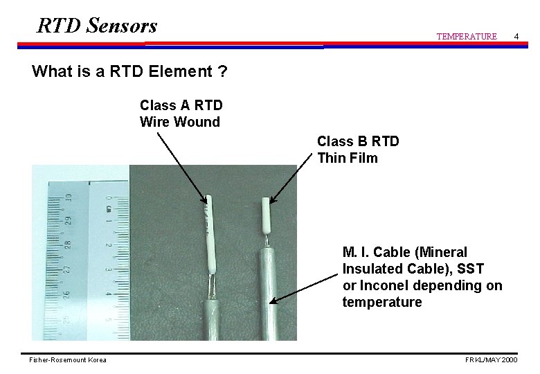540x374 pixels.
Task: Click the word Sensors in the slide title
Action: [x=123, y=26]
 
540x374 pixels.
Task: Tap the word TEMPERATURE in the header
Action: [x=466, y=36]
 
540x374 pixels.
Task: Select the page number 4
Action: [x=515, y=35]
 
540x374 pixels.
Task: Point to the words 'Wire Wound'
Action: [x=179, y=122]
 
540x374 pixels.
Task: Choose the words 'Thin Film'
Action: [x=348, y=158]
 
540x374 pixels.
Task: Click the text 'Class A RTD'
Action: [x=181, y=105]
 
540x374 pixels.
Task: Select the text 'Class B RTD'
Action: [x=358, y=141]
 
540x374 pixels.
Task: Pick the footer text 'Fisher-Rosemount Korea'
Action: [x=68, y=360]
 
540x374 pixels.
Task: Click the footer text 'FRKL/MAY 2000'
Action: [x=490, y=360]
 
